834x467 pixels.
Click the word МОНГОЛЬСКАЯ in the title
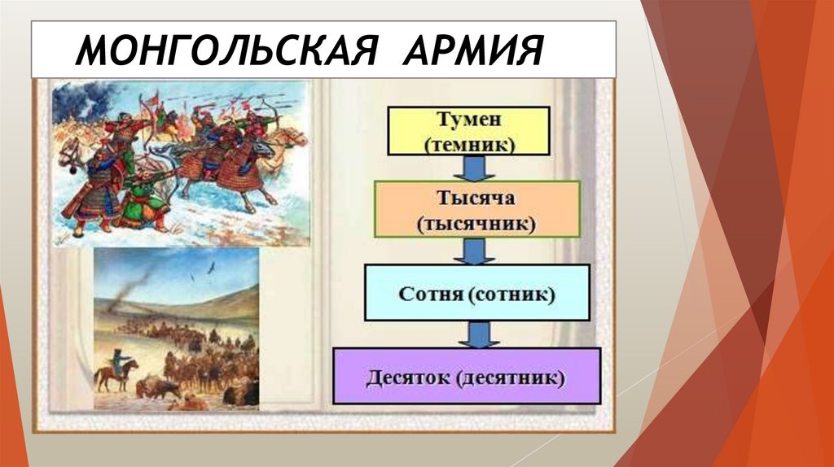click(x=226, y=50)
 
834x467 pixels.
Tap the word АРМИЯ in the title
click(x=473, y=50)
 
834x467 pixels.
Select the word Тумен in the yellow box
click(x=468, y=119)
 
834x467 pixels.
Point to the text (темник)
click(x=469, y=145)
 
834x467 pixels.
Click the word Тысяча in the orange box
click(x=476, y=198)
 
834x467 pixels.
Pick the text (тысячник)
click(x=476, y=225)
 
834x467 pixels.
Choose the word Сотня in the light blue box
click(x=431, y=294)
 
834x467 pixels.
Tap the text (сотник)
click(x=511, y=294)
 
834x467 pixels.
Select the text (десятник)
click(x=511, y=378)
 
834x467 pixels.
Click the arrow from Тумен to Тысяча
click(x=474, y=168)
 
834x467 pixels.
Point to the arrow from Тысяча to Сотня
click(x=474, y=251)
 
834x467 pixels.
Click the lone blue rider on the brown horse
click(x=116, y=369)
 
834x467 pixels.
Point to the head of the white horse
click(x=69, y=154)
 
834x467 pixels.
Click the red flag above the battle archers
click(x=155, y=98)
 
